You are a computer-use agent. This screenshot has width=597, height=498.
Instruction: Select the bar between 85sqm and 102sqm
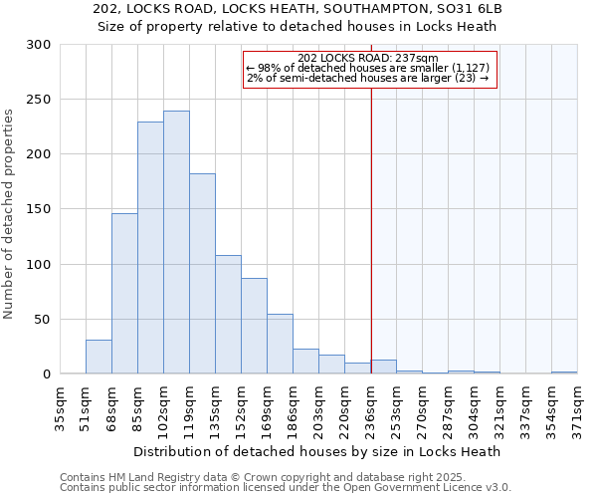click(150, 248)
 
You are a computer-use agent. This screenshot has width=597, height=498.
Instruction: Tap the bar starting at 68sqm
click(124, 294)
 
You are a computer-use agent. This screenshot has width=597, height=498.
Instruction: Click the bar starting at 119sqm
click(202, 274)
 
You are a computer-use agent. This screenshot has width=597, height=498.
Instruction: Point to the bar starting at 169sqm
click(280, 344)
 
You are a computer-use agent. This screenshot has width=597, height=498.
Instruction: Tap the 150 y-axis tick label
click(38, 209)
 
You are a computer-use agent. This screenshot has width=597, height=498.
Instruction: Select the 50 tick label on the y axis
click(42, 320)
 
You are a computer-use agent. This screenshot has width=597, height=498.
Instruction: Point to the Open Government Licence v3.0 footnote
click(286, 488)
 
